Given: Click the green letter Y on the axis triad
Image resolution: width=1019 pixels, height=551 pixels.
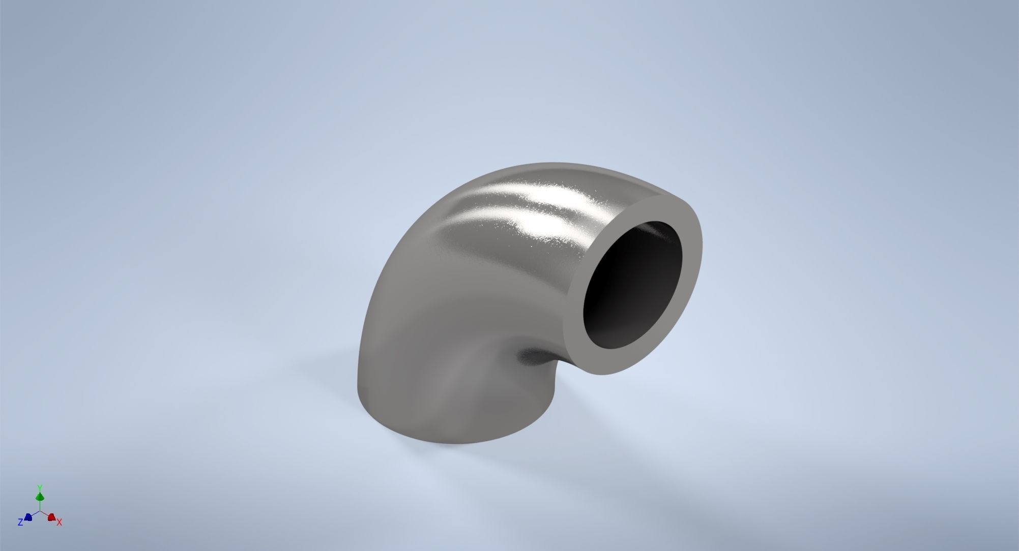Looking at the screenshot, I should [40, 488].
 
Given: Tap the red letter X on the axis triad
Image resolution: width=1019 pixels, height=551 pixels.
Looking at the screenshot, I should [60, 522].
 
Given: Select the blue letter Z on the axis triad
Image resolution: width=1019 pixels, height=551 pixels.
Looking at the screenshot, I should [20, 522].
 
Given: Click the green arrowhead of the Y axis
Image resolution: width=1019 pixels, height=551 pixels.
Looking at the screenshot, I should [40, 496].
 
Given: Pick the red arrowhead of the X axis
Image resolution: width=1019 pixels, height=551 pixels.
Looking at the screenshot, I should [51, 517].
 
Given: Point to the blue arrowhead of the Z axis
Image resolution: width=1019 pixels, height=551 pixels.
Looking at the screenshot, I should [28, 517].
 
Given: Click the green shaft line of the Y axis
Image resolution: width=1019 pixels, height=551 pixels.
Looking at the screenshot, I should [40, 505].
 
